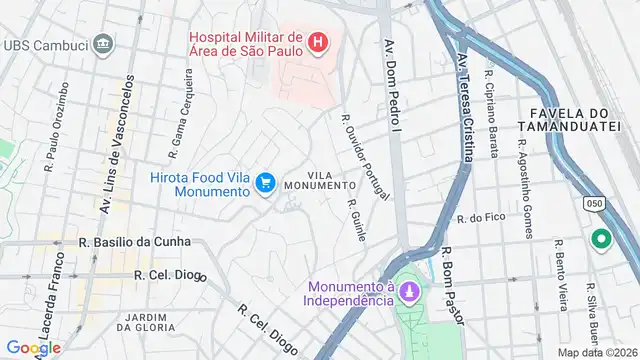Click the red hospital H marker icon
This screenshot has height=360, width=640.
[317, 42]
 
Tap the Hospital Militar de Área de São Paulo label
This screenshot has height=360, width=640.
[246, 42]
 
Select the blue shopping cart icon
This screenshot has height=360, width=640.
[265, 182]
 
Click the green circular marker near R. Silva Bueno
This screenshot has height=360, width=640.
[601, 240]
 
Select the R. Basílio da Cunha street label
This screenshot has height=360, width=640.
[134, 242]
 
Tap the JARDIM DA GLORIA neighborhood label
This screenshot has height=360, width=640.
[146, 321]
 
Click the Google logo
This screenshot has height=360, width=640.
[34, 347]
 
